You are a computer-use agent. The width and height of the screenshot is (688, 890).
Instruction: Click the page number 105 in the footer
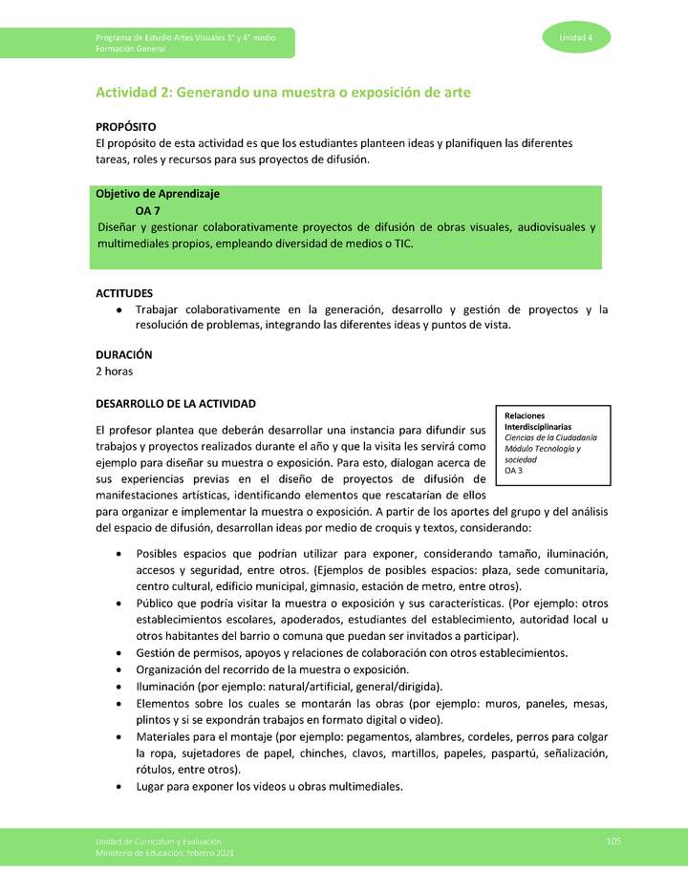[x=613, y=840]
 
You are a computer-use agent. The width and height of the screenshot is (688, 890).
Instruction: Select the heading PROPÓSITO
[x=126, y=127]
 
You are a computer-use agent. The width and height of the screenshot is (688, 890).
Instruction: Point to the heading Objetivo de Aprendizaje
[x=158, y=194]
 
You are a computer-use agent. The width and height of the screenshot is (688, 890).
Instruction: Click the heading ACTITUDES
[x=124, y=293]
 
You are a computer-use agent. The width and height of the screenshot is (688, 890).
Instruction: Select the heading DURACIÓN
[x=124, y=354]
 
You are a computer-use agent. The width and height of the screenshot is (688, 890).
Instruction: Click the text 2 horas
[x=114, y=371]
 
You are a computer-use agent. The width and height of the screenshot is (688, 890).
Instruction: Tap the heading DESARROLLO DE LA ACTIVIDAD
[x=175, y=403]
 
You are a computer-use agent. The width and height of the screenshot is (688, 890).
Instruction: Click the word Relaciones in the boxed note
[x=525, y=415]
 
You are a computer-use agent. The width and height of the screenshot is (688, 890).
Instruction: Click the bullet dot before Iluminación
[x=118, y=687]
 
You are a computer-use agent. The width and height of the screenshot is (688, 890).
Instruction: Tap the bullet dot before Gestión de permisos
[x=118, y=653]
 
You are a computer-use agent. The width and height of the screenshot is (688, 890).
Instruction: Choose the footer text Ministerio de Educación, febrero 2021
[x=163, y=852]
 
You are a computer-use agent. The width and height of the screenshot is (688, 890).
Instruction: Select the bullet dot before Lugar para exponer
[x=118, y=788]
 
